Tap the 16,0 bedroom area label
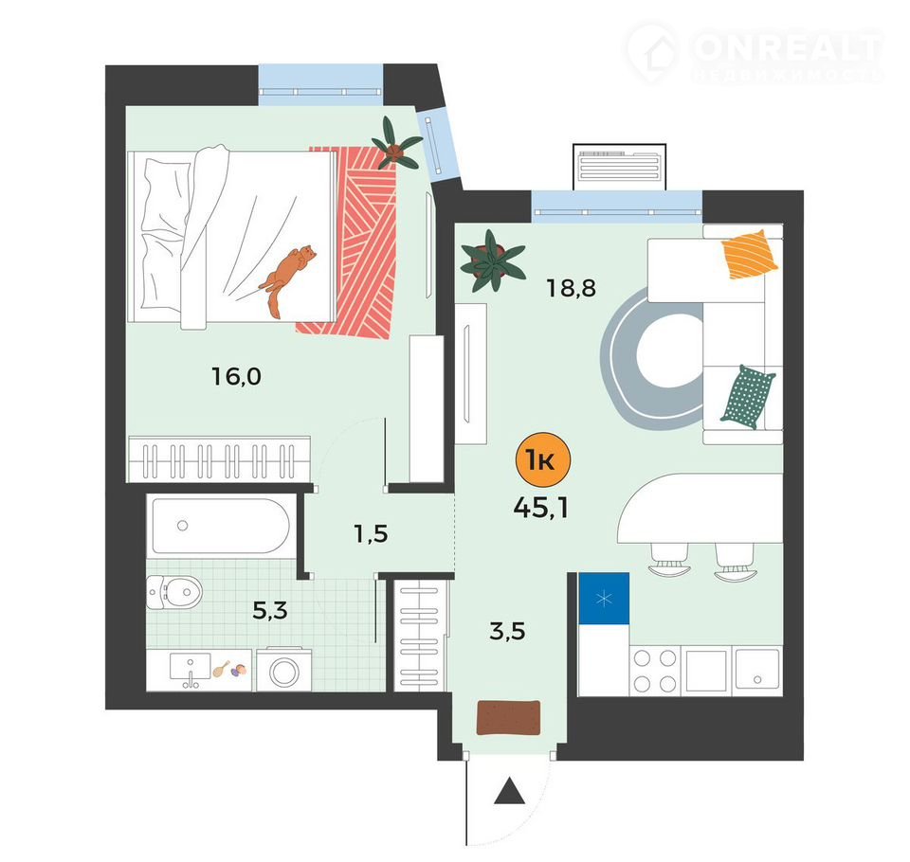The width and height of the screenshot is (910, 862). (x=236, y=377)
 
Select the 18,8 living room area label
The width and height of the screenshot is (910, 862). (x=571, y=288)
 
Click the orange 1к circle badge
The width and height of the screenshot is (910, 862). (x=543, y=460)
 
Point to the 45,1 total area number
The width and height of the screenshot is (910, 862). (x=541, y=508)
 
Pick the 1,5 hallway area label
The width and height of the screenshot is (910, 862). (x=371, y=533)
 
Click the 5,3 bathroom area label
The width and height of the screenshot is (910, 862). (x=270, y=610)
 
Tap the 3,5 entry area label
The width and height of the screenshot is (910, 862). (x=507, y=631)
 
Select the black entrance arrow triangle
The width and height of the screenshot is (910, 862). (x=509, y=791)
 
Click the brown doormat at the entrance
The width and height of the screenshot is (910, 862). (x=509, y=718)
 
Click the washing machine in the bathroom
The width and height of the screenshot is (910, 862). (x=283, y=671)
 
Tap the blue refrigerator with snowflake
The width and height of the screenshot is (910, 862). (x=604, y=598)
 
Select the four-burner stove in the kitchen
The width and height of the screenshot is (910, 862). (x=655, y=672)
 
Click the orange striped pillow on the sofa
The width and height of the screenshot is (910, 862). (x=749, y=254)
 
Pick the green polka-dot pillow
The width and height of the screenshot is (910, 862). (x=748, y=397)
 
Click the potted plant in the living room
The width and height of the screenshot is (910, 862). (x=492, y=260)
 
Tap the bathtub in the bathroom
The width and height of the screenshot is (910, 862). (x=221, y=526)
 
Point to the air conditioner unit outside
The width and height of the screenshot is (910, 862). (x=619, y=167)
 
